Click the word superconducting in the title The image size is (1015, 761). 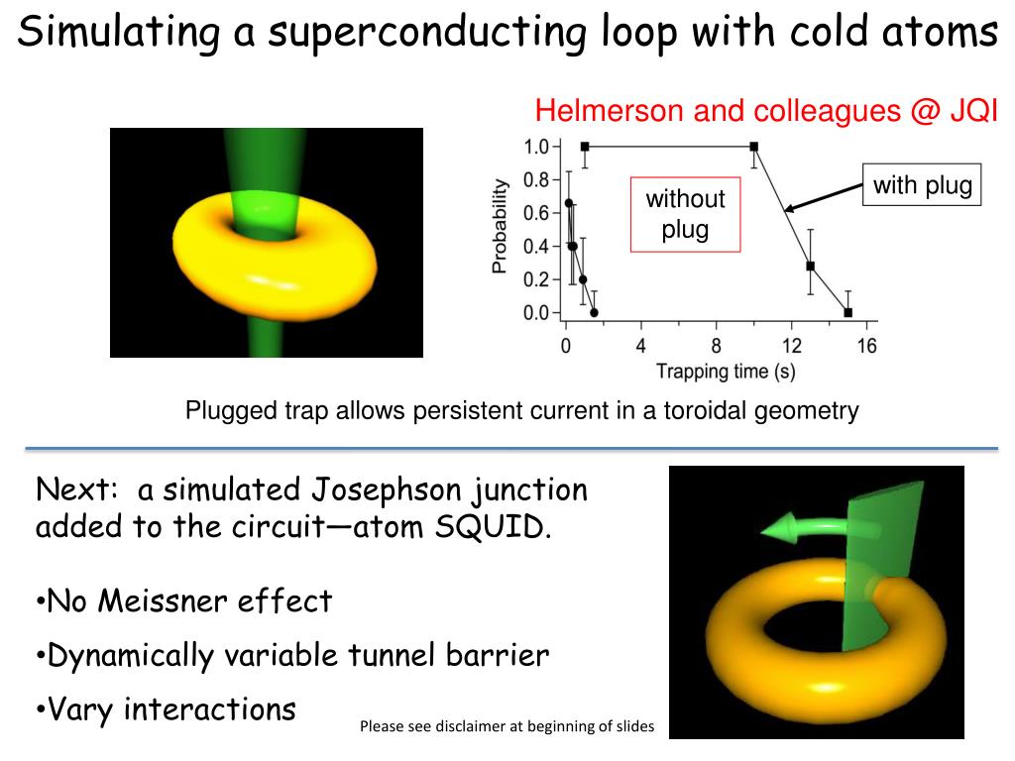(x=430, y=33)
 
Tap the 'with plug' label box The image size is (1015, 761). (x=922, y=185)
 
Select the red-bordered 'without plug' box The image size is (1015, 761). (x=685, y=215)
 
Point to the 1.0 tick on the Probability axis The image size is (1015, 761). (x=536, y=147)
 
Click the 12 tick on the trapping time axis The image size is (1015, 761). (x=791, y=346)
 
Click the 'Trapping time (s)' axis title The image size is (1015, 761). (x=725, y=372)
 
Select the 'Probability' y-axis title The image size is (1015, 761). (x=501, y=226)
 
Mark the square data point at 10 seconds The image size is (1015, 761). (x=754, y=147)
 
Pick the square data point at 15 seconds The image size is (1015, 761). (x=847, y=312)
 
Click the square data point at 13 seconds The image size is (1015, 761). (x=810, y=266)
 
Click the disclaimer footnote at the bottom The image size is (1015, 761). (x=507, y=726)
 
